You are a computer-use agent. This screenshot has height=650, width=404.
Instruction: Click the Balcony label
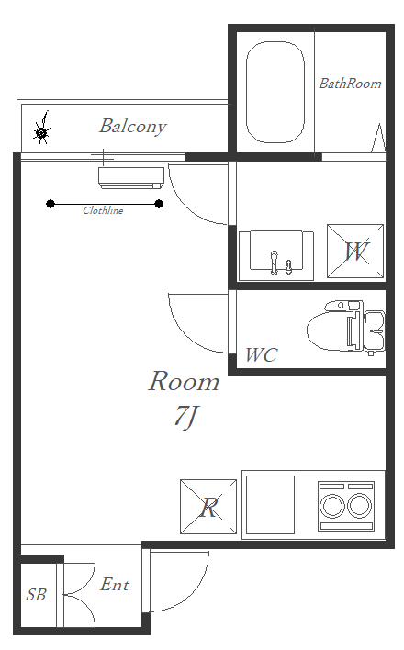(133, 127)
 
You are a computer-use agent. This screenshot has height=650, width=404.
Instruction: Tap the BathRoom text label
(350, 84)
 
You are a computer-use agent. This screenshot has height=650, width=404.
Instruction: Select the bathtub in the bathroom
(275, 92)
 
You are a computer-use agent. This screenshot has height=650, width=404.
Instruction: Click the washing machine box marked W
(355, 252)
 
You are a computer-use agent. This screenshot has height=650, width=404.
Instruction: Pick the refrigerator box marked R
(208, 507)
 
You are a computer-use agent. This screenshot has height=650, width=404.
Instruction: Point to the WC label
(261, 355)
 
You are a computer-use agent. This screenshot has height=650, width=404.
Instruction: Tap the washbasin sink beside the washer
(275, 255)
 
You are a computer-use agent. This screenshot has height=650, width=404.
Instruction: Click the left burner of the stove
(332, 506)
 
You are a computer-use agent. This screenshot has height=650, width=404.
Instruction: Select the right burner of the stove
(360, 506)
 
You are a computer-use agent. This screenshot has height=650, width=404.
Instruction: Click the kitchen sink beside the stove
(271, 505)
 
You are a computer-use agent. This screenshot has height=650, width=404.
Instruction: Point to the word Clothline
(103, 210)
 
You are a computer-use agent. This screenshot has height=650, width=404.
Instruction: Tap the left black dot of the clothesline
(50, 204)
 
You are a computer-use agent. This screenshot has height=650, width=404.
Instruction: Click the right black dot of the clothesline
(159, 204)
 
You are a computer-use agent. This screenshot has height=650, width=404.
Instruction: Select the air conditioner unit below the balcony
(131, 178)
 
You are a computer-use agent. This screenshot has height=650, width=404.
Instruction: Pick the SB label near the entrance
(36, 595)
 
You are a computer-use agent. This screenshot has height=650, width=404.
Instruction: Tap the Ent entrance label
(115, 585)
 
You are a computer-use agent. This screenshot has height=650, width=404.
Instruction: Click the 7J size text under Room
(185, 417)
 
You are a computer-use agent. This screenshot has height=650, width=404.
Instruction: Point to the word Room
(185, 381)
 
